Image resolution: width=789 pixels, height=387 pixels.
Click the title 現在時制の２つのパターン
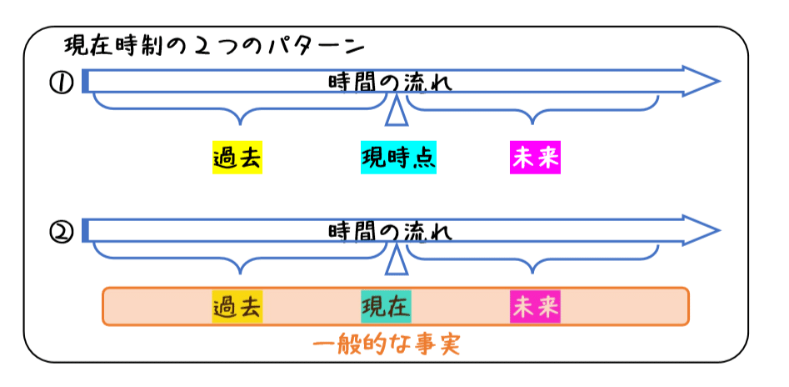click(x=215, y=43)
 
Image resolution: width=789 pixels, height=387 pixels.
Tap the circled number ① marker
click(x=62, y=83)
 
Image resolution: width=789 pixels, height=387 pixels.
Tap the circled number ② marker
click(x=62, y=231)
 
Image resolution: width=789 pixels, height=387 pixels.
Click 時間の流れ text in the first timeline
click(x=390, y=83)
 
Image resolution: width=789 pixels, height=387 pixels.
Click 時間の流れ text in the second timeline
click(x=390, y=231)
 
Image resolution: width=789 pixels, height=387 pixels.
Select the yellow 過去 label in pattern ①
click(x=237, y=158)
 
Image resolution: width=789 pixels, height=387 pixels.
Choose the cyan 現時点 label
click(x=397, y=158)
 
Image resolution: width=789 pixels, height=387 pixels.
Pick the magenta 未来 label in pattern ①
click(x=535, y=158)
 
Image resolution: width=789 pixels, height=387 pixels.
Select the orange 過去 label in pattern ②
click(x=237, y=307)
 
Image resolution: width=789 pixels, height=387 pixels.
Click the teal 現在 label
click(x=386, y=307)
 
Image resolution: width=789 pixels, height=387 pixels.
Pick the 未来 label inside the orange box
click(x=535, y=307)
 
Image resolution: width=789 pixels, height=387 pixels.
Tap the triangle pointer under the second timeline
click(x=397, y=261)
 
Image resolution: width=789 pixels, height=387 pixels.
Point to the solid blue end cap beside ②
click(x=85, y=230)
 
